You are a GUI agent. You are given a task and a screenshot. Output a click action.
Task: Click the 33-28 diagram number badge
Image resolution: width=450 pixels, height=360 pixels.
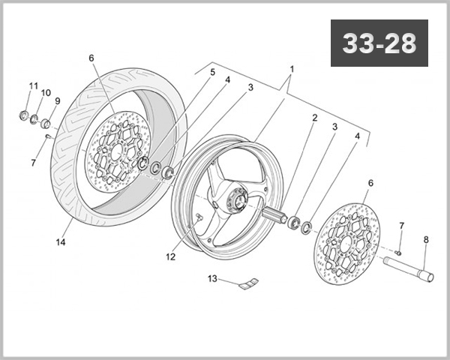[379, 43]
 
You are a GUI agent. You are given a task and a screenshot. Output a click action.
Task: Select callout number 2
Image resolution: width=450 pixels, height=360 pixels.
[314, 118]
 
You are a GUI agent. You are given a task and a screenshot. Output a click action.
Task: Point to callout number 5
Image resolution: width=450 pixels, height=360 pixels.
[211, 72]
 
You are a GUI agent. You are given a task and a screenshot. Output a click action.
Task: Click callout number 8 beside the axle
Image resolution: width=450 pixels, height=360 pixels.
[426, 240]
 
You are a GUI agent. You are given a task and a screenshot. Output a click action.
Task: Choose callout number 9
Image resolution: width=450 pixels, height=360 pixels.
[57, 101]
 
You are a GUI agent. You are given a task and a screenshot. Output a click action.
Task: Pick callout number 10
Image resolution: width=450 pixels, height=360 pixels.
[46, 93]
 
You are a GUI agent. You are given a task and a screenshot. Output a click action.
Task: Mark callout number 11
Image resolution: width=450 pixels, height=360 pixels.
[33, 85]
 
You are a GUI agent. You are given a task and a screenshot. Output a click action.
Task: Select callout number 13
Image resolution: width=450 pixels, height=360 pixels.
[212, 279]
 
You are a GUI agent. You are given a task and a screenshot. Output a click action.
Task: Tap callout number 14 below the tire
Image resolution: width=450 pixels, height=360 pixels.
[61, 241]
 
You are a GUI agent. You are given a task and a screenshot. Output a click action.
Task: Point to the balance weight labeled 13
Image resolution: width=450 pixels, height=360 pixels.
[247, 283]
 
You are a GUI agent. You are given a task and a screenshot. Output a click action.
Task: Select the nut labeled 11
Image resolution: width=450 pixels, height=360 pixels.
[24, 115]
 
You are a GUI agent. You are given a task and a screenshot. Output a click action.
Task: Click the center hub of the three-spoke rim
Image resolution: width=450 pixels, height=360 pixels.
[233, 200]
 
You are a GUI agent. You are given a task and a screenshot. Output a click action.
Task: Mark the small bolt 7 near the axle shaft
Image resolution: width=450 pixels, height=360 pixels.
[399, 252]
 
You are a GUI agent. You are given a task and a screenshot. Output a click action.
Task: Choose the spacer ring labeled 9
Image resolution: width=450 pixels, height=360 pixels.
[46, 123]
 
